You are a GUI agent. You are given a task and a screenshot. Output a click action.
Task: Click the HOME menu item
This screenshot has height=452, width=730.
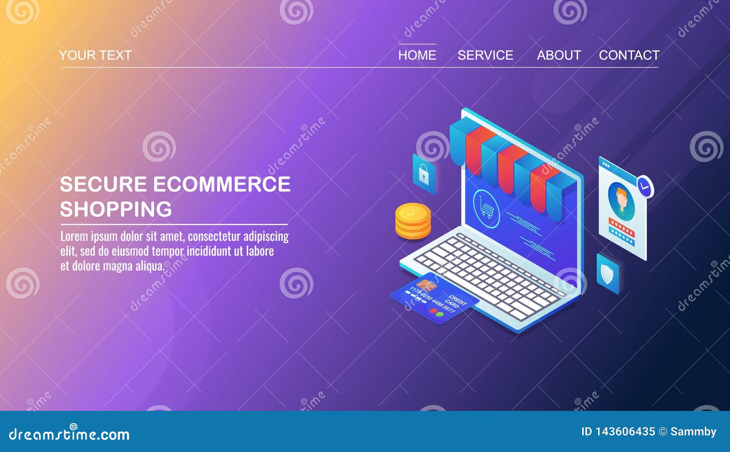pyautogui.click(x=417, y=55)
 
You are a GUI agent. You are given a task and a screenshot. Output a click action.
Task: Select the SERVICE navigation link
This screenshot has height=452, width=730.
pyautogui.click(x=485, y=55)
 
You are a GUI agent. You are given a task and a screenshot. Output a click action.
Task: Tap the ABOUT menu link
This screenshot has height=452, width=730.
pyautogui.click(x=558, y=55)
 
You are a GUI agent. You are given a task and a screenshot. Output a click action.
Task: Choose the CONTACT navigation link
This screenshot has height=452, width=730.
pyautogui.click(x=629, y=55)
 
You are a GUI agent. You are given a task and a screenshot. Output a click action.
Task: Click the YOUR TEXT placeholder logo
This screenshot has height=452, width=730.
pyautogui.click(x=95, y=55)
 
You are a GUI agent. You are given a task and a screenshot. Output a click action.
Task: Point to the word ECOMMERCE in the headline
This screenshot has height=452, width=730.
pyautogui.click(x=221, y=184)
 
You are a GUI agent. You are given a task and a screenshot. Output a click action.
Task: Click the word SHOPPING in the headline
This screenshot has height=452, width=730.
pyautogui.click(x=116, y=209)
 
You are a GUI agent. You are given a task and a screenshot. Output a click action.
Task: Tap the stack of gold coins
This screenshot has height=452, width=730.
pyautogui.click(x=412, y=221)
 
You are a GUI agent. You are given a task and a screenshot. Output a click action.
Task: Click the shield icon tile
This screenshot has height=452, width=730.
pyautogui.click(x=607, y=274)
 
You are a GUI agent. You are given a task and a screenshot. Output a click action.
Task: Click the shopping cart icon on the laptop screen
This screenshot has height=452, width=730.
pyautogui.click(x=486, y=209)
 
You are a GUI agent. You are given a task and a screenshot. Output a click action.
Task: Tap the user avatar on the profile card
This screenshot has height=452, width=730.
pyautogui.click(x=621, y=201)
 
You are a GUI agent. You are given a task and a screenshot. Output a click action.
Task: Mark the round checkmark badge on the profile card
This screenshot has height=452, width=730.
pyautogui.click(x=645, y=186)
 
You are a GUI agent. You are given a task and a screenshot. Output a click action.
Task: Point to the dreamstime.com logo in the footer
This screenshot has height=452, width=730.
pyautogui.click(x=69, y=434)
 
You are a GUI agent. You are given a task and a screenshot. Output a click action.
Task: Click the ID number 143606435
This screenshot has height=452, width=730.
pyautogui.click(x=625, y=431)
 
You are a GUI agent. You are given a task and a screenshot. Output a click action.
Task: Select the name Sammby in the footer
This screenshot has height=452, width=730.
pyautogui.click(x=693, y=431)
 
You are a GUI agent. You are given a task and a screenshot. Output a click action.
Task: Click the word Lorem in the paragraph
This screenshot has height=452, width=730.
pyautogui.click(x=74, y=237)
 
